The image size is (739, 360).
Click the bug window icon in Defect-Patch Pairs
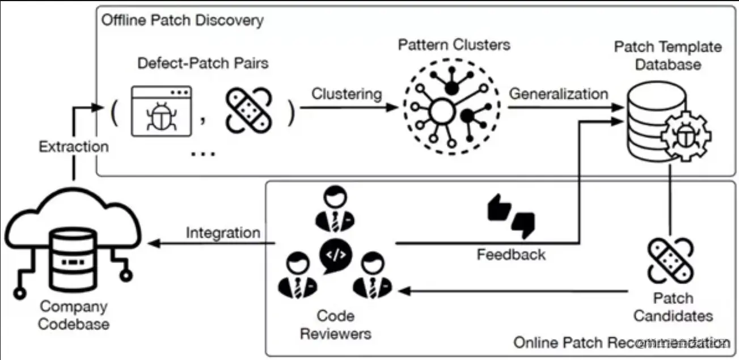click(x=161, y=111)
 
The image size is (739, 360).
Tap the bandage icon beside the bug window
click(x=250, y=111)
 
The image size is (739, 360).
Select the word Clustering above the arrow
click(x=347, y=94)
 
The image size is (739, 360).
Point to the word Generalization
click(x=558, y=94)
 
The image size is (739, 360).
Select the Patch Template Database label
click(x=668, y=56)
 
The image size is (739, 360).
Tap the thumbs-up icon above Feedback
click(x=499, y=209)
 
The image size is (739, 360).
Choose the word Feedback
click(x=511, y=254)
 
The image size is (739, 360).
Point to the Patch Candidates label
click(x=673, y=307)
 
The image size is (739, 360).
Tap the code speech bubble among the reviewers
click(x=336, y=255)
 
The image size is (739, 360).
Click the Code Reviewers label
click(x=335, y=325)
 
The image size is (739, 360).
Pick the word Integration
click(x=223, y=233)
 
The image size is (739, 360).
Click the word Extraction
click(x=74, y=147)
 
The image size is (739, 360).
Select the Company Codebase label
click(x=74, y=316)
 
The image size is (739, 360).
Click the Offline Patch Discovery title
click(x=182, y=21)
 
